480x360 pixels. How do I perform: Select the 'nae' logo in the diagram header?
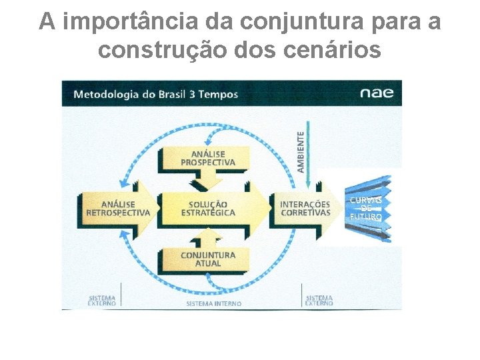point(377,93)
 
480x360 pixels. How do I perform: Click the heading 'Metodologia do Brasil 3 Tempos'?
point(155,94)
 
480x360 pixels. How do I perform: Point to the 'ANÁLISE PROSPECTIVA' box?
point(208,158)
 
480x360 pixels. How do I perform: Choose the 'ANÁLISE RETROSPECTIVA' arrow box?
point(118,208)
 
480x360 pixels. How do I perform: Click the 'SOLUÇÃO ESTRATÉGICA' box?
point(208,208)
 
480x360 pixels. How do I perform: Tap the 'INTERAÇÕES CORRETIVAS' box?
point(305,208)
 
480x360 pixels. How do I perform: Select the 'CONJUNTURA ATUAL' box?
point(208,259)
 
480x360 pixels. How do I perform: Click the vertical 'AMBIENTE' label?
point(301,151)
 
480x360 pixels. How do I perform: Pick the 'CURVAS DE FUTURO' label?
point(366,208)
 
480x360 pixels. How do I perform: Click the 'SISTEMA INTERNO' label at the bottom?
point(213,303)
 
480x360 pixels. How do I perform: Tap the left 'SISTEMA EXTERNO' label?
point(101,301)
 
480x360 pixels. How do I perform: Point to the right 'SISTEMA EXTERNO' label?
point(319,301)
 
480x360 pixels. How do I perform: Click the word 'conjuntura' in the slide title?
point(289,22)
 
